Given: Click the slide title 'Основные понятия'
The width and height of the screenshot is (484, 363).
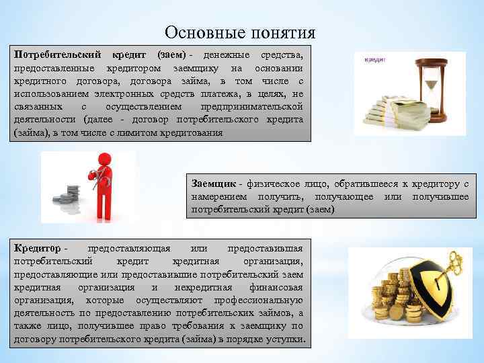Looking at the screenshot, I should point(239,32).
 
